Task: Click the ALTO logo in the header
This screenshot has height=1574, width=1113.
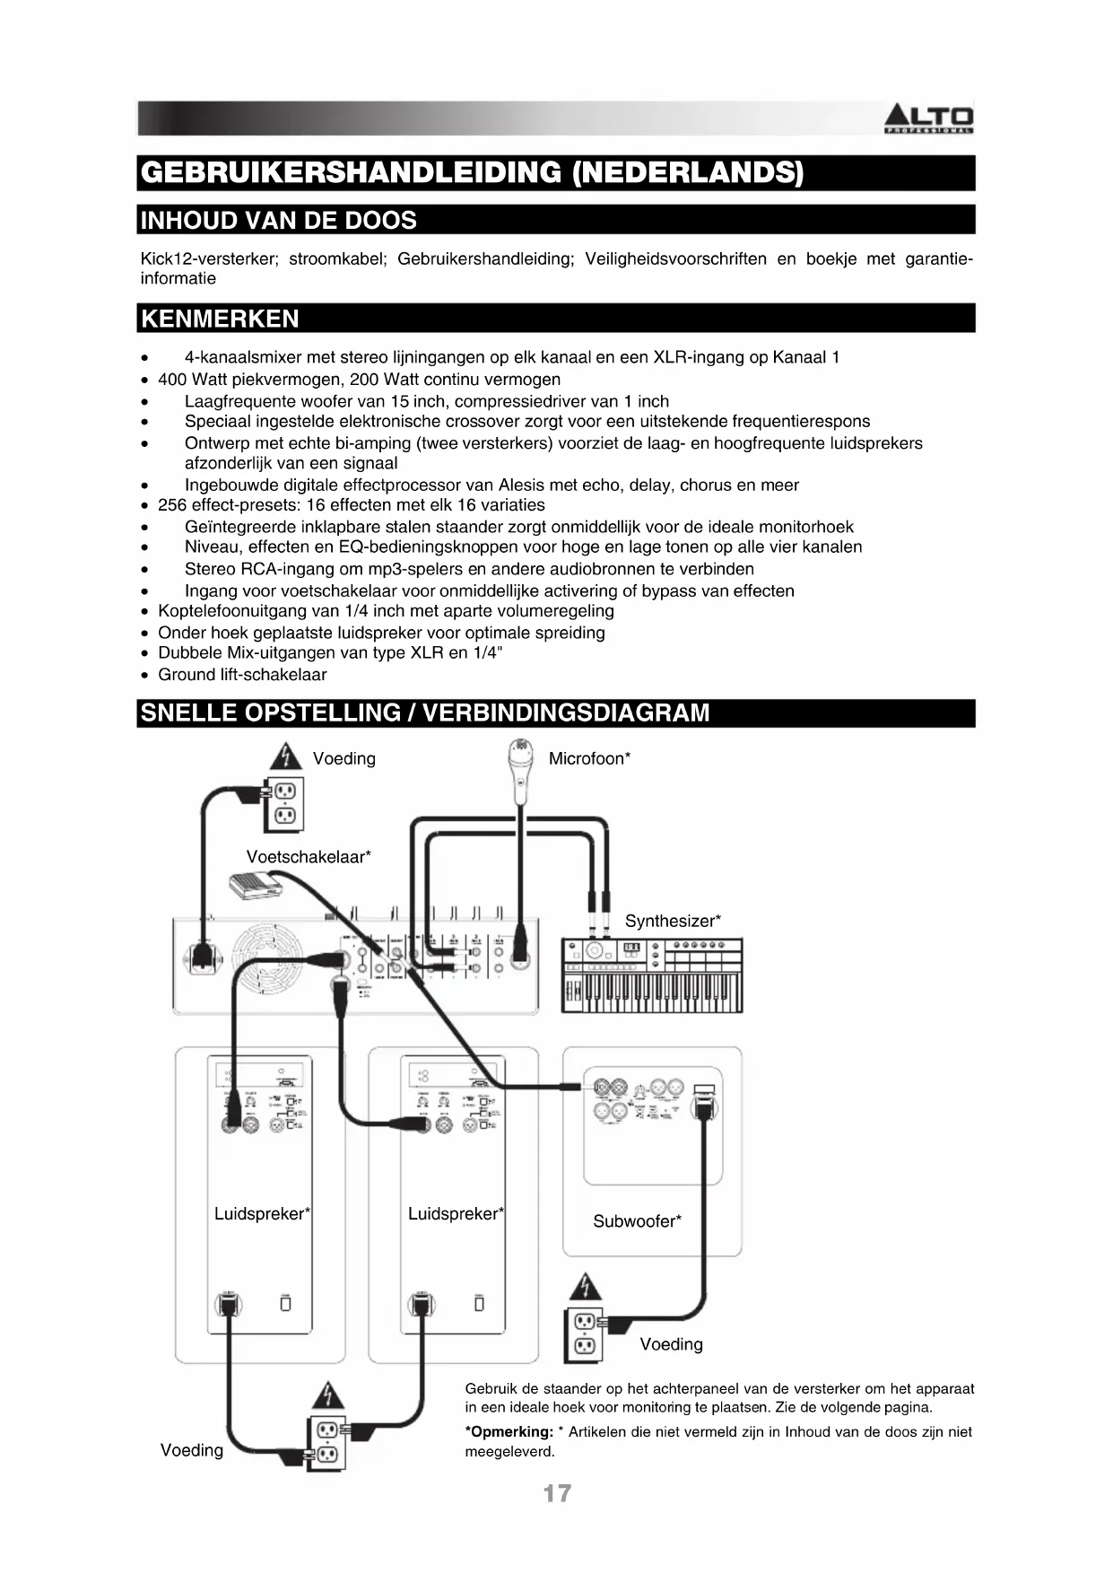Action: pyautogui.click(x=928, y=118)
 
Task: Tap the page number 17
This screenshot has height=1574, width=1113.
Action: pyautogui.click(x=556, y=1493)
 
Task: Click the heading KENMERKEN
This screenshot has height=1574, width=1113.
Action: pyautogui.click(x=221, y=319)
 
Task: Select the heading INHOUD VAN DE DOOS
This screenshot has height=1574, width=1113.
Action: pyautogui.click(x=279, y=220)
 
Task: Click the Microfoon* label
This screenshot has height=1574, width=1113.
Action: pyautogui.click(x=589, y=758)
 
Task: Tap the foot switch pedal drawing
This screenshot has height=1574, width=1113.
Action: pyautogui.click(x=255, y=884)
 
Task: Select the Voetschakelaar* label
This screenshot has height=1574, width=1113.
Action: pyautogui.click(x=309, y=857)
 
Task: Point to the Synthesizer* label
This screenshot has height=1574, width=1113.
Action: pyautogui.click(x=673, y=921)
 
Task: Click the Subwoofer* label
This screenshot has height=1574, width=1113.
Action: pyautogui.click(x=637, y=1220)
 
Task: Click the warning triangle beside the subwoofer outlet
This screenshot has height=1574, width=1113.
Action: pyautogui.click(x=585, y=1287)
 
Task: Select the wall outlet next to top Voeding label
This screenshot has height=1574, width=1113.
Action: pyautogui.click(x=284, y=804)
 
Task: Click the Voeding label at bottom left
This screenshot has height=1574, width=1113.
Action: pyautogui.click(x=192, y=1450)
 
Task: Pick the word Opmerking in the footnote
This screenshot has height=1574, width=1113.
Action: pyautogui.click(x=510, y=1432)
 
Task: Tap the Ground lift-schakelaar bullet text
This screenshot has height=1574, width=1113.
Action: pyautogui.click(x=242, y=675)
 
